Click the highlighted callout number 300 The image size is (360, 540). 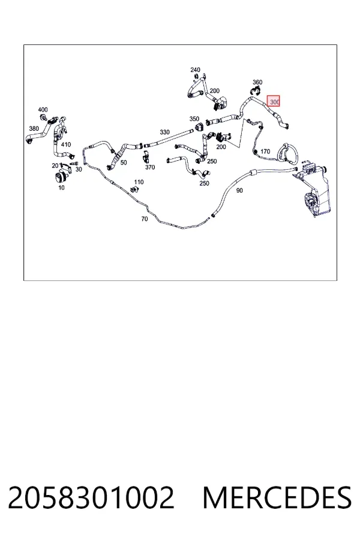pyautogui.click(x=275, y=102)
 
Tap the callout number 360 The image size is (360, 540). pyautogui.click(x=257, y=82)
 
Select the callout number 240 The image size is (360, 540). pyautogui.click(x=195, y=70)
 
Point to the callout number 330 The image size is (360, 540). pyautogui.click(x=164, y=132)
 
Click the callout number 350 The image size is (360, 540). pyautogui.click(x=194, y=119)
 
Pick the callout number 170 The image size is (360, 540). pyautogui.click(x=265, y=152)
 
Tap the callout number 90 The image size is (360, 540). pyautogui.click(x=239, y=190)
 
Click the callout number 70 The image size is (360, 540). pyautogui.click(x=145, y=218)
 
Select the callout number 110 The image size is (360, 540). pyautogui.click(x=139, y=182)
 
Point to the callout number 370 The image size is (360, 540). pyautogui.click(x=150, y=167)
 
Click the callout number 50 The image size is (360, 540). pyautogui.click(x=124, y=163)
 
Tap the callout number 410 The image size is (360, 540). pyautogui.click(x=66, y=145)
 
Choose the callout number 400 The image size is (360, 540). pyautogui.click(x=43, y=110)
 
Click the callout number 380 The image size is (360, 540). pyautogui.click(x=34, y=129)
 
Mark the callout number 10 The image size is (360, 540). pyautogui.click(x=61, y=188)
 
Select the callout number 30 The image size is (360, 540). pyautogui.click(x=79, y=169)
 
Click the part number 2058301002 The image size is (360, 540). pyautogui.click(x=91, y=497)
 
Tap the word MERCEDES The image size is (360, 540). pyautogui.click(x=277, y=497)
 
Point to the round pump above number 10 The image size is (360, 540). pyautogui.click(x=61, y=178)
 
